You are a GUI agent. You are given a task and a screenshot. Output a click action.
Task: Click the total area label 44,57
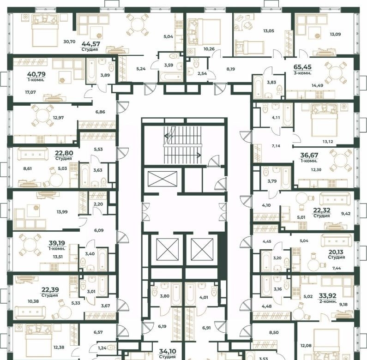point(91,44)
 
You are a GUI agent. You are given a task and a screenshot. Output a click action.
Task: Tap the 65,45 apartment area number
point(302,67)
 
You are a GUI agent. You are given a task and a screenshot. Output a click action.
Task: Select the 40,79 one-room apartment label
point(36,74)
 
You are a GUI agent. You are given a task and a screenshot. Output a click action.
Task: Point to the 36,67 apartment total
point(309,155)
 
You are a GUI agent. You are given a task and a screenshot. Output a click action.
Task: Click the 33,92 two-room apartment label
point(328,296)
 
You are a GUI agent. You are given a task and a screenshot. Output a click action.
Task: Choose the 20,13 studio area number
point(336,252)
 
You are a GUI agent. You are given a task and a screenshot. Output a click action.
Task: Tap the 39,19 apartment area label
point(57,243)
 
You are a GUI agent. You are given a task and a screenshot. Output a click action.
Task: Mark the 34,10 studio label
point(168,351)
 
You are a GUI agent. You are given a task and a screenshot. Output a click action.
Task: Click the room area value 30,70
point(69,42)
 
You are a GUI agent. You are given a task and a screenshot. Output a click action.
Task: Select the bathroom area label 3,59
point(168,65)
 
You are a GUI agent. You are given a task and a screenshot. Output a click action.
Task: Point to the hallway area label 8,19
point(230,69)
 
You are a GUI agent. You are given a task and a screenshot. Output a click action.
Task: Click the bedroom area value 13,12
point(328,142)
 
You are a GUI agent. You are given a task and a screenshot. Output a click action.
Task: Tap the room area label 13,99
point(62,212)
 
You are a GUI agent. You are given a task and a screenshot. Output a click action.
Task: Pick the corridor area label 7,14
point(276,146)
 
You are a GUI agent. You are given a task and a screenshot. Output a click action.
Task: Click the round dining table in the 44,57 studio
point(138,24)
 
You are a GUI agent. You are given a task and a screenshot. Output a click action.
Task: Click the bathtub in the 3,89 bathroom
point(91,71)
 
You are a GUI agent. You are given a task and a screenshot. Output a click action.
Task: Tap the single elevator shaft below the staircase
point(162,179)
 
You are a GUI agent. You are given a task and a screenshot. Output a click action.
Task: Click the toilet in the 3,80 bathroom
point(155,291)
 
